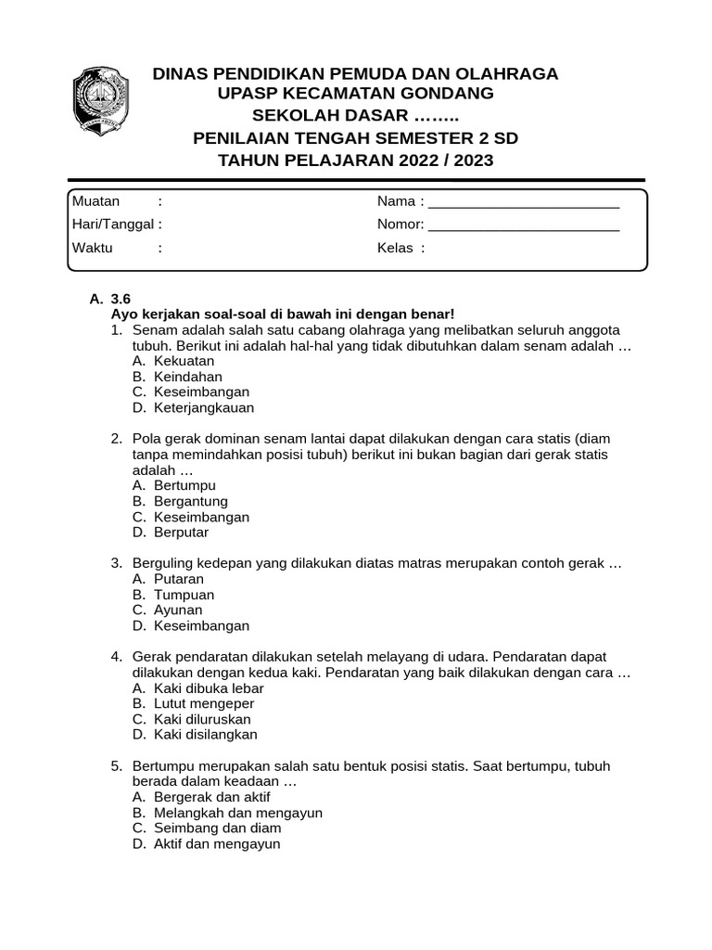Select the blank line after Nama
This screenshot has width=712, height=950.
(524, 203)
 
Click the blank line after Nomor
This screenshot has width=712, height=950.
(524, 225)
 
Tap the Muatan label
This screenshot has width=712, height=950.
(95, 201)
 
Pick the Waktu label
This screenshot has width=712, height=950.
(92, 248)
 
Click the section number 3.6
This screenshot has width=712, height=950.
(121, 299)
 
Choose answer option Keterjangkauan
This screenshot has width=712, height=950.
(203, 407)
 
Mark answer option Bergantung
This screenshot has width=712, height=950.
(190, 501)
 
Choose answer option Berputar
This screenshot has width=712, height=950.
(181, 533)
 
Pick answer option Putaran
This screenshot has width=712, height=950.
(178, 579)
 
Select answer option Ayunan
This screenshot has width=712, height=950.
(178, 610)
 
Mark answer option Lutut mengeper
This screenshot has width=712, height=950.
(203, 703)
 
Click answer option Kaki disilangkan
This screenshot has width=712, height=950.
(205, 735)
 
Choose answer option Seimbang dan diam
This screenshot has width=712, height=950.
(217, 828)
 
